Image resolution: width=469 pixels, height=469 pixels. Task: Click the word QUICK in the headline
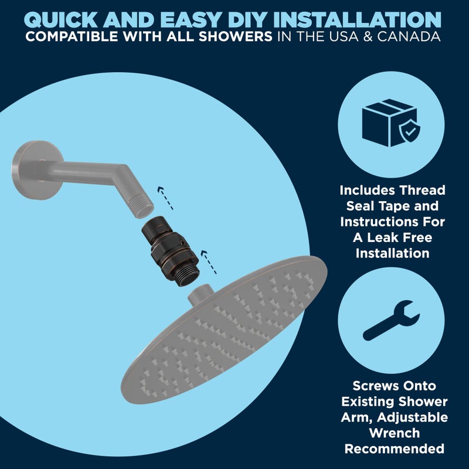point(61,20)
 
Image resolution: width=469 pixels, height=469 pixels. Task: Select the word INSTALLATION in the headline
point(357,20)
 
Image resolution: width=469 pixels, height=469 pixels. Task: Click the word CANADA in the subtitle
point(409,36)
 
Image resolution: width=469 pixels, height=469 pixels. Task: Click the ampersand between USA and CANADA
point(368,36)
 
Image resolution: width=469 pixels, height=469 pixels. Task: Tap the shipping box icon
point(389,123)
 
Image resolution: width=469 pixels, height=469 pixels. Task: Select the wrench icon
point(392,320)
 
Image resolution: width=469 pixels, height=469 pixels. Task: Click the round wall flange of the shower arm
point(37,170)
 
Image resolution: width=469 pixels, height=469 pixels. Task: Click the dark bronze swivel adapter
point(171,251)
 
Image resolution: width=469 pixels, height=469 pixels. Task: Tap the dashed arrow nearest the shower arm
point(165,198)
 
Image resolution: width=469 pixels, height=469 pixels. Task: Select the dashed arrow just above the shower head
point(209,262)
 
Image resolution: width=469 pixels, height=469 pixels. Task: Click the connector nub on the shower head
point(201,295)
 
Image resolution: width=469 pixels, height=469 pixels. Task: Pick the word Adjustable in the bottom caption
point(413,417)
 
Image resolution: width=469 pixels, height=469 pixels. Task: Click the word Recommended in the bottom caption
point(394,449)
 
